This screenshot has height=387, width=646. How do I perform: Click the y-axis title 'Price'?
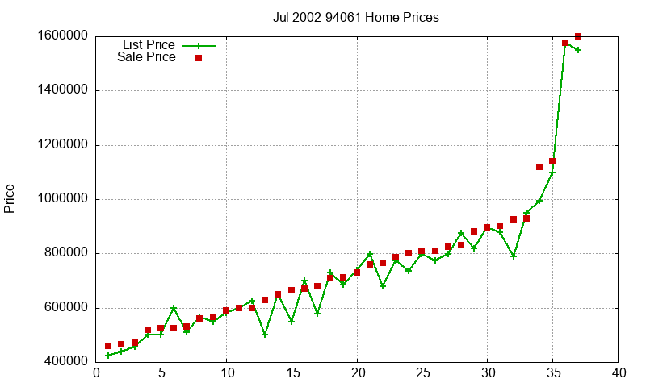(10, 198)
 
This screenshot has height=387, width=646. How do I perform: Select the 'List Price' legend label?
(149, 45)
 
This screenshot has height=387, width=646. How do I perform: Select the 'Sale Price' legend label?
(146, 57)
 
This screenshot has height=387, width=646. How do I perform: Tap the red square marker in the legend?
(198, 58)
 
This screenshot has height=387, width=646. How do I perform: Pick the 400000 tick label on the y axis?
(62, 362)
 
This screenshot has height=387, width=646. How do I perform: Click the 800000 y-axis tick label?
(62, 253)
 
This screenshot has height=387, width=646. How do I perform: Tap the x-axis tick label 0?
(96, 372)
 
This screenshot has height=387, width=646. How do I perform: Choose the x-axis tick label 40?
(619, 372)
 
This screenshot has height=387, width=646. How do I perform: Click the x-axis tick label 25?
(422, 372)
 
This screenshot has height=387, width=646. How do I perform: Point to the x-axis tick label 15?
(292, 372)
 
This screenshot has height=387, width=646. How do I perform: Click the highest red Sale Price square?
(578, 36)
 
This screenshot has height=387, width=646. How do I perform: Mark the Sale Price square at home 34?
(539, 167)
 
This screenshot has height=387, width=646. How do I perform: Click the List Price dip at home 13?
(265, 334)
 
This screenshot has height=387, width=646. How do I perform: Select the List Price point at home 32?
(514, 256)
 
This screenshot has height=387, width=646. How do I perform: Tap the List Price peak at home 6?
(174, 308)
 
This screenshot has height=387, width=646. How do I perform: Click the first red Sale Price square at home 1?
(108, 346)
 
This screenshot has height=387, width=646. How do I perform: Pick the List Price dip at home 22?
(383, 285)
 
